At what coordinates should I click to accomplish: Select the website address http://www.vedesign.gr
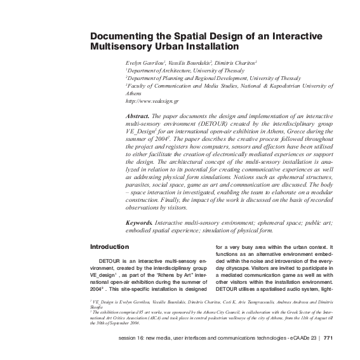pos(152,101)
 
